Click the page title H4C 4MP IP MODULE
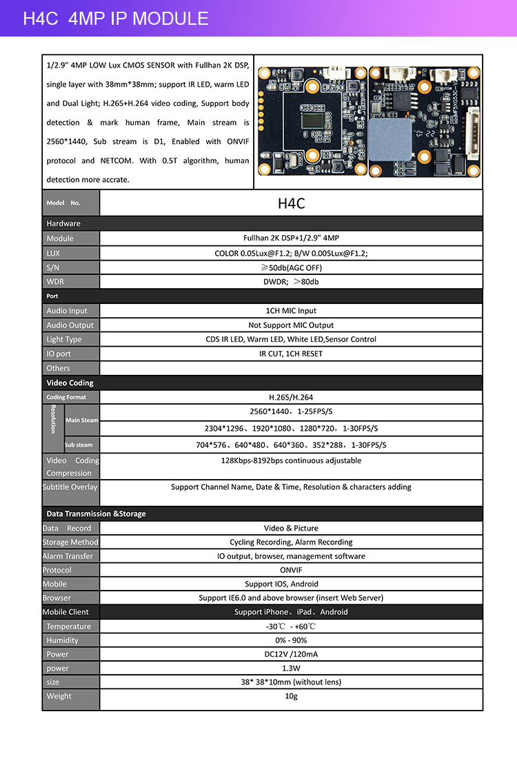point(116,19)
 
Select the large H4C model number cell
point(291,203)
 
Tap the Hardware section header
point(63,223)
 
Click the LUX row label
point(54,253)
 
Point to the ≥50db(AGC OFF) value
point(291,267)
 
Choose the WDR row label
point(55,282)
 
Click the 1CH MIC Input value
point(291,311)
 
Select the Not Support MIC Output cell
point(291,325)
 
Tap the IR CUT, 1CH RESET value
point(291,354)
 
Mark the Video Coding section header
point(70,382)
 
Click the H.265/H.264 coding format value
point(291,397)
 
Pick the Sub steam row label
point(79,445)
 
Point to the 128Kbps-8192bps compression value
point(291,460)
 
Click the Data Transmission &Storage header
point(96,513)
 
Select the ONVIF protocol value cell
point(291,570)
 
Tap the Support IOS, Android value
point(291,584)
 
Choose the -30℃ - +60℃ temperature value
point(291,626)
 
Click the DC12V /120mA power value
point(291,654)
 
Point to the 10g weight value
point(291,696)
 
